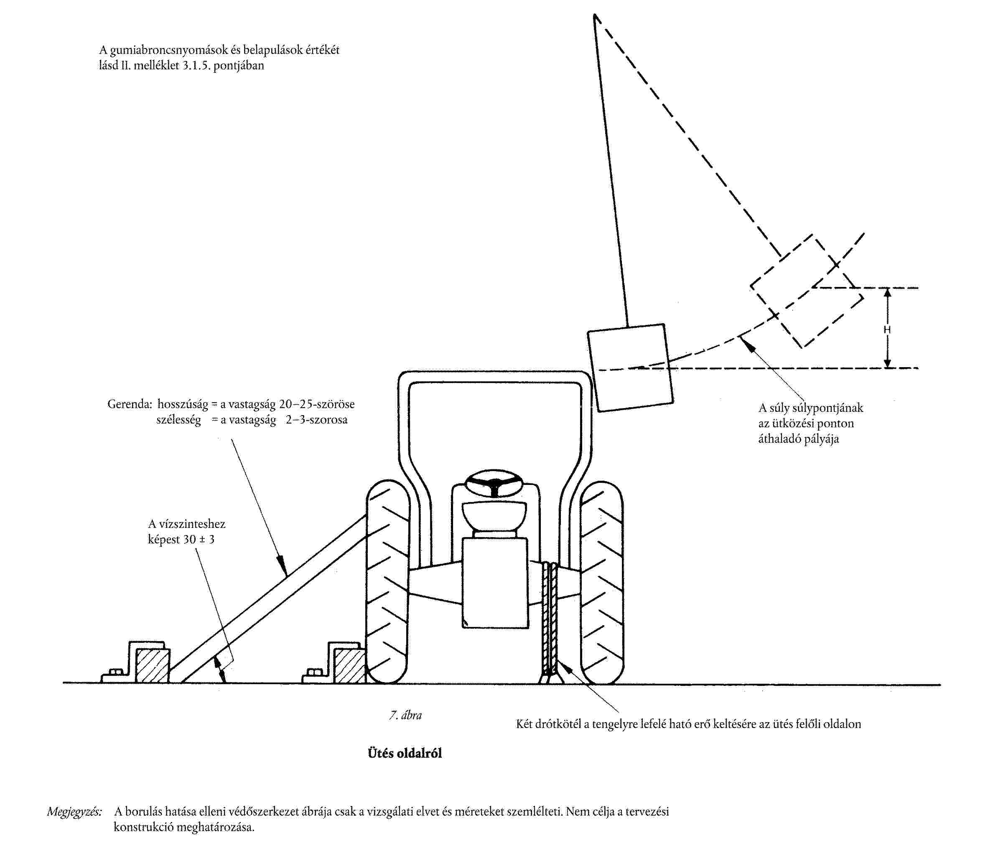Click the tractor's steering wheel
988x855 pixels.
[494, 482]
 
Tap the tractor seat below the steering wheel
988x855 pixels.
[494, 515]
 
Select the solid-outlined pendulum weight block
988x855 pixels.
[630, 368]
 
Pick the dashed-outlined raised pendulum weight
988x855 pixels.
[807, 291]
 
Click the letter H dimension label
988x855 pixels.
[887, 330]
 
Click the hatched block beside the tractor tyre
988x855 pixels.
[350, 666]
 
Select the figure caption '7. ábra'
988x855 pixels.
[405, 715]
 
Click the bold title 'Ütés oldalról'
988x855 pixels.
[405, 754]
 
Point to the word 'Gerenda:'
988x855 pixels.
[129, 405]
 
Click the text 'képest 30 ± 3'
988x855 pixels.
[181, 540]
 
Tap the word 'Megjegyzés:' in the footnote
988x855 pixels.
[74, 812]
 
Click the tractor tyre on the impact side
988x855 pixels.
[602, 582]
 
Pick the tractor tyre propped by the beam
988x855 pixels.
[387, 582]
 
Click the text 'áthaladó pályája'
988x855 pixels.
[799, 439]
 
